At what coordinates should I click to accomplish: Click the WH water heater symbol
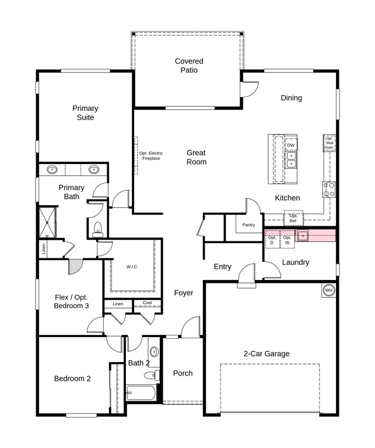coord(329,290)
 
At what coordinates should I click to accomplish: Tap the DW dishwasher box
coord(291,145)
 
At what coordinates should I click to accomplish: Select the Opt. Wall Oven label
coord(329,143)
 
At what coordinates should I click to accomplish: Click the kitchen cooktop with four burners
coord(329,190)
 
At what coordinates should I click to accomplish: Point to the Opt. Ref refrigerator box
coord(293,218)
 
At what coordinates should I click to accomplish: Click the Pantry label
coord(248,225)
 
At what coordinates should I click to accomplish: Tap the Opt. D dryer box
coord(272,240)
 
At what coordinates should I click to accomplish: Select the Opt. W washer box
coord(288,240)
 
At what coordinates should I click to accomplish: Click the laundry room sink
coord(303,236)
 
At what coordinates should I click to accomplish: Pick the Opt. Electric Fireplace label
coord(151,156)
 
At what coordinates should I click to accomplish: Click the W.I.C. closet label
coord(132,267)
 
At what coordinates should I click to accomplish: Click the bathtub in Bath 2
coord(141,393)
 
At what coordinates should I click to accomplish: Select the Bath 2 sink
coord(154,351)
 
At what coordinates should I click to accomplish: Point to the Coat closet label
coord(148,303)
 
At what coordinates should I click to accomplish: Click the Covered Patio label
coord(189,65)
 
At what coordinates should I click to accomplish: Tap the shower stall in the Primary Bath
coord(47,222)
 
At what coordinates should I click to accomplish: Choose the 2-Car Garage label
coord(267,353)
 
